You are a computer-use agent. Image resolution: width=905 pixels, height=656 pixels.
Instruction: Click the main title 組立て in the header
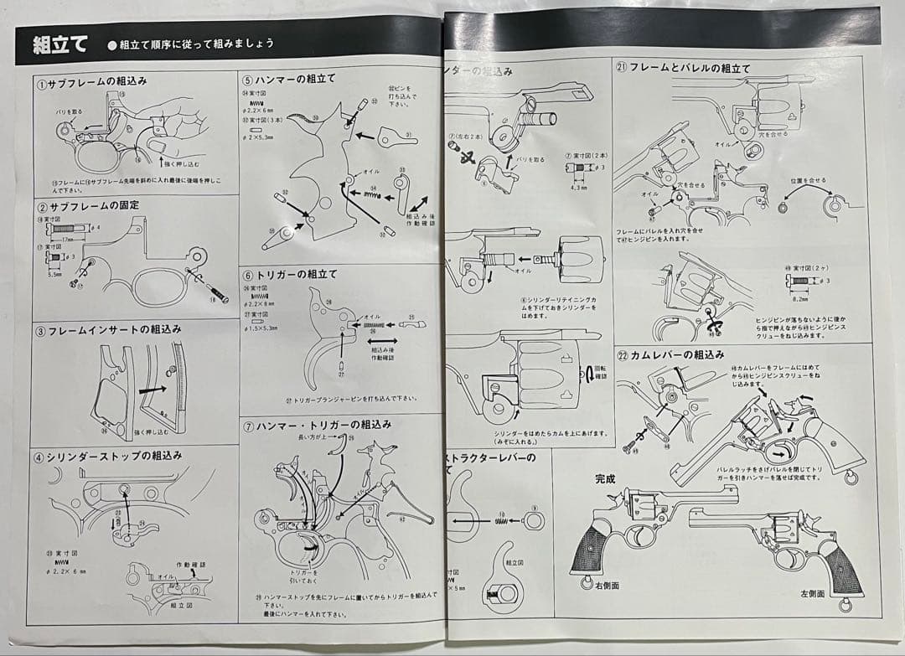[59, 44]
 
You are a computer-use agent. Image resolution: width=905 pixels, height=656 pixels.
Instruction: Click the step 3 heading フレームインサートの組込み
[108, 330]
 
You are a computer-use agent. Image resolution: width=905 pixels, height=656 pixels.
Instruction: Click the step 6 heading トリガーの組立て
[290, 274]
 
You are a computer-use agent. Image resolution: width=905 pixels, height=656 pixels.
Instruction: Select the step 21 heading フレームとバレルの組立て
[682, 67]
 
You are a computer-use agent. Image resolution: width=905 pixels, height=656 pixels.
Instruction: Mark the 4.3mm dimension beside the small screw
[577, 187]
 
